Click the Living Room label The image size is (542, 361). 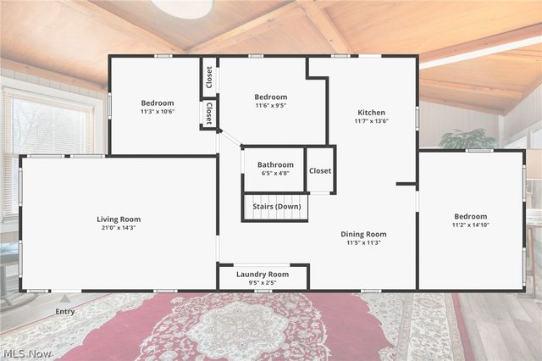(119, 219)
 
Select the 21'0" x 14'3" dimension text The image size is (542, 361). (119, 228)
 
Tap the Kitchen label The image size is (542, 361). (371, 113)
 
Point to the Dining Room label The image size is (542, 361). (363, 234)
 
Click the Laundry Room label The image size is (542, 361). (263, 275)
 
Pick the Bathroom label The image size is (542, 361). (275, 164)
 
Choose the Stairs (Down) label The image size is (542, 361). (276, 207)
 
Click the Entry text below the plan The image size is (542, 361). (65, 311)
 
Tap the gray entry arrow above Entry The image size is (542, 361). (65, 298)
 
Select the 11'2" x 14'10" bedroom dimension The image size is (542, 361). (470, 225)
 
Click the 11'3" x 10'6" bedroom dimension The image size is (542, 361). (158, 112)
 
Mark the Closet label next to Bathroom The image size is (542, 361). (320, 170)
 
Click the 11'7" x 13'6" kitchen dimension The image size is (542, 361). (371, 121)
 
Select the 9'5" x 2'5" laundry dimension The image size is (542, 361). (263, 283)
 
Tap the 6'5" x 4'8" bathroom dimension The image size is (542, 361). (275, 173)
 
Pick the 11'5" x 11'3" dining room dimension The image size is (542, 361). (363, 242)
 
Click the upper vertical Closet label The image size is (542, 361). (208, 76)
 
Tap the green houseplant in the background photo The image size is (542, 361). (467, 138)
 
